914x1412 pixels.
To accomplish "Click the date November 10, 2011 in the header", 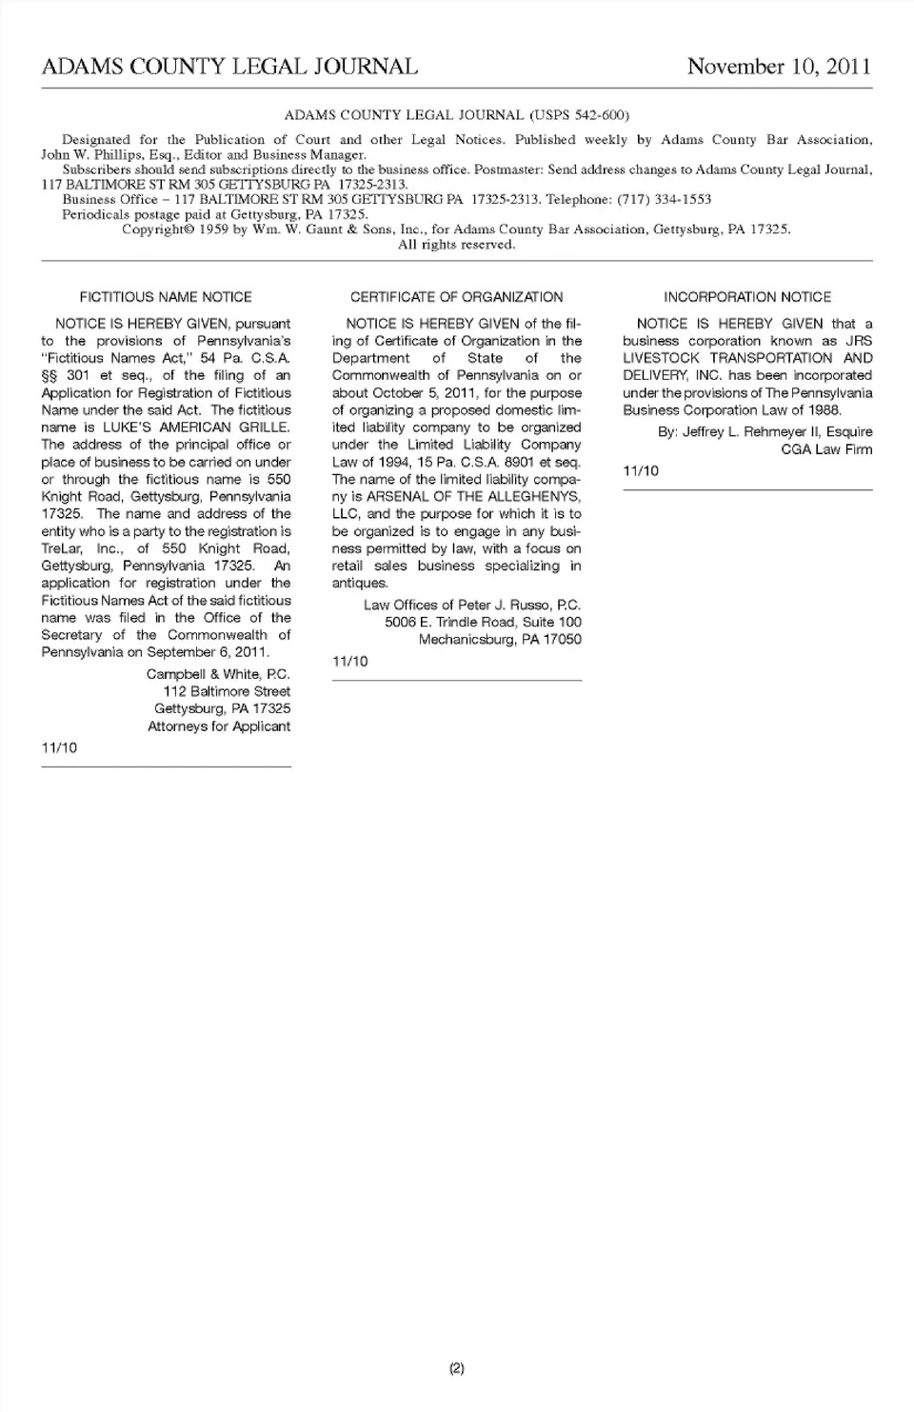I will tap(778, 67).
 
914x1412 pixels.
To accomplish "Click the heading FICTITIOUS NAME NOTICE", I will tap(166, 297).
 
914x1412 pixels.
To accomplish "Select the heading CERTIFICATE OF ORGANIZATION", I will tap(456, 297).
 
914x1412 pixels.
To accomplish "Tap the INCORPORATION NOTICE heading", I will tap(747, 297).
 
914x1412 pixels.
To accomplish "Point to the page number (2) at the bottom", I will tap(457, 1368).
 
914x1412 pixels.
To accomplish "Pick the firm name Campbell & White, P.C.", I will tap(218, 674).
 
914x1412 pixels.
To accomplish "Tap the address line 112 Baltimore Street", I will tap(227, 691).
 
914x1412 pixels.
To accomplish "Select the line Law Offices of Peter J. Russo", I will tap(472, 605).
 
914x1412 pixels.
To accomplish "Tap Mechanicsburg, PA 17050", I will tap(500, 640).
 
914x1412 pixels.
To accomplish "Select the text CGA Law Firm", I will tap(826, 449).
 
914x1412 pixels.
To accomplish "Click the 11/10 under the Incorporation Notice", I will tap(641, 471).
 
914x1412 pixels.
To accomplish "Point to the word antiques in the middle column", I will tap(360, 583).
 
